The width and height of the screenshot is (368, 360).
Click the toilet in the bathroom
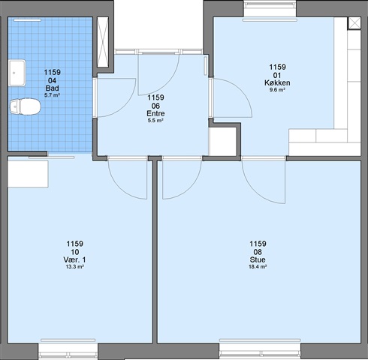[25, 106]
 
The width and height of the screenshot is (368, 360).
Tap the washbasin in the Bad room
[17, 73]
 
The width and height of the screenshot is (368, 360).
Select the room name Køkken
[277, 82]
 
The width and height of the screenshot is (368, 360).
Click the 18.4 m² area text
[258, 267]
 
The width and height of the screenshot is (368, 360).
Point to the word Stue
[258, 259]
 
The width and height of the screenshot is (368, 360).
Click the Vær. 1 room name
[74, 259]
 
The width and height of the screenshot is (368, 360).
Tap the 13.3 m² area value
[74, 267]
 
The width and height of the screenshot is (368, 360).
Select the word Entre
[155, 113]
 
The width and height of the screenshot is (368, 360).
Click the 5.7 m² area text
[52, 95]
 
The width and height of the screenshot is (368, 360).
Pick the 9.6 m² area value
[277, 90]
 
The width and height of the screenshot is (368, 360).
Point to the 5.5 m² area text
[155, 121]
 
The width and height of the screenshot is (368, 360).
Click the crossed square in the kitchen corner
[354, 23]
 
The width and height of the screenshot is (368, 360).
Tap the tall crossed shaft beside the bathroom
[103, 42]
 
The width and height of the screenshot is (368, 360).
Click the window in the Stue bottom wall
[260, 350]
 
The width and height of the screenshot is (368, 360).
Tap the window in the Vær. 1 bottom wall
[68, 350]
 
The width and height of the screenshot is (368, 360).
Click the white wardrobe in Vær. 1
[28, 174]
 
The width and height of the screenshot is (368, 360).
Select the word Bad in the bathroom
[52, 88]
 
